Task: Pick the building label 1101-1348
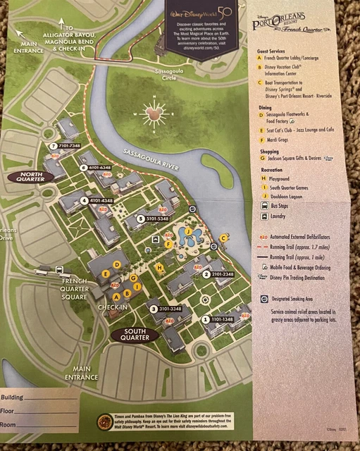(x=222, y=319)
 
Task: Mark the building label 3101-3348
(x=166, y=309)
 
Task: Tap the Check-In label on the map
(x=113, y=307)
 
